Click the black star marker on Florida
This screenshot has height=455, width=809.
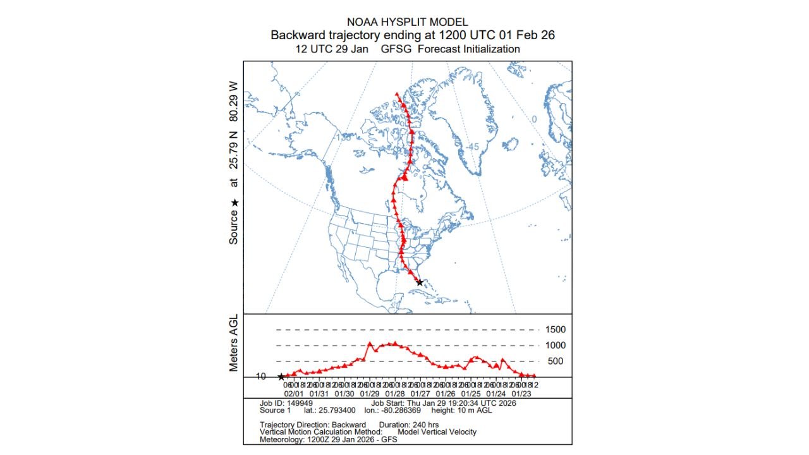pyautogui.click(x=420, y=282)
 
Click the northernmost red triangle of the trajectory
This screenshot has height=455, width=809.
pyautogui.click(x=397, y=94)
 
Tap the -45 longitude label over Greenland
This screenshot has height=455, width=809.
pyautogui.click(x=473, y=147)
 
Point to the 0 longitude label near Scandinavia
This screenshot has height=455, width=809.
pyautogui.click(x=533, y=119)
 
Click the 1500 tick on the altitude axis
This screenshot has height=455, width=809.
pyautogui.click(x=556, y=330)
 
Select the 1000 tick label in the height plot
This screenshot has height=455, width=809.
pyautogui.click(x=556, y=346)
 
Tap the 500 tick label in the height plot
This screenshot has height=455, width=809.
pyautogui.click(x=556, y=361)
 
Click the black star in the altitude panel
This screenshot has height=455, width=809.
pyautogui.click(x=281, y=377)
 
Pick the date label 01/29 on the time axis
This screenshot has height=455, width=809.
pyautogui.click(x=371, y=392)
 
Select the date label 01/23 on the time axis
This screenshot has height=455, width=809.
pyautogui.click(x=522, y=392)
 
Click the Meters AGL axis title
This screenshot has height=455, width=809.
pyautogui.click(x=234, y=344)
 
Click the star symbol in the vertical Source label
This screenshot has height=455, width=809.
pyautogui.click(x=234, y=203)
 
